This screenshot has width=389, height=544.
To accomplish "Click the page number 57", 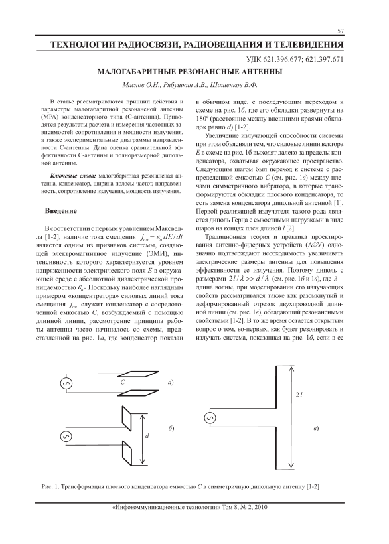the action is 341,31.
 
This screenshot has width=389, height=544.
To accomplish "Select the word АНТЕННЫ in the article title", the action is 262,72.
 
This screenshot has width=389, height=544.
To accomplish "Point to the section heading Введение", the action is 60,211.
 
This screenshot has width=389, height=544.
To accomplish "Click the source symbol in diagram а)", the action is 66,383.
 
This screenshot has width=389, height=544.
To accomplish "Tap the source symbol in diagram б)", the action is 66,437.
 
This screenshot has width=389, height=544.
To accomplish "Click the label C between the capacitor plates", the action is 123,383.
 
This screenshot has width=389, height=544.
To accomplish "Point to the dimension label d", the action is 147,436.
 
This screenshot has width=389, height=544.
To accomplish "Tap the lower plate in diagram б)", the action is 127,452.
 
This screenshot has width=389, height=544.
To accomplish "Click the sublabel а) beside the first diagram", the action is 170,383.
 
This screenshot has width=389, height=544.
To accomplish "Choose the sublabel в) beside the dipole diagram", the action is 316,428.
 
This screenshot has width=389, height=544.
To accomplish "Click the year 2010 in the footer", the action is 261,508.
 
